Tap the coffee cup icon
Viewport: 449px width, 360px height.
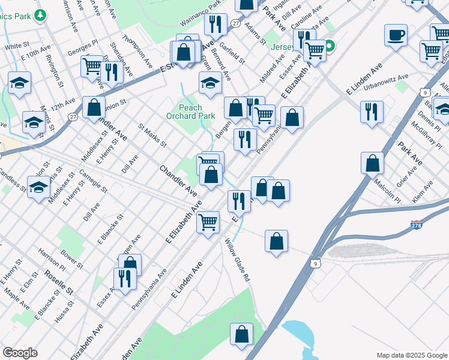point(396,35)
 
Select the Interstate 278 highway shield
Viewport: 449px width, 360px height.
point(417,225)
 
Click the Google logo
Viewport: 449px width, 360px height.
point(20,353)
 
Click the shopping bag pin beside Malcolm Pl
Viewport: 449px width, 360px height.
point(373,163)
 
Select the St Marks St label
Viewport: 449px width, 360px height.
point(152,136)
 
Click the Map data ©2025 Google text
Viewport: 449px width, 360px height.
point(411,355)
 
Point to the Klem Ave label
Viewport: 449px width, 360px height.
point(423,194)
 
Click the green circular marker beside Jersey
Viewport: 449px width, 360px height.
point(330,45)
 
